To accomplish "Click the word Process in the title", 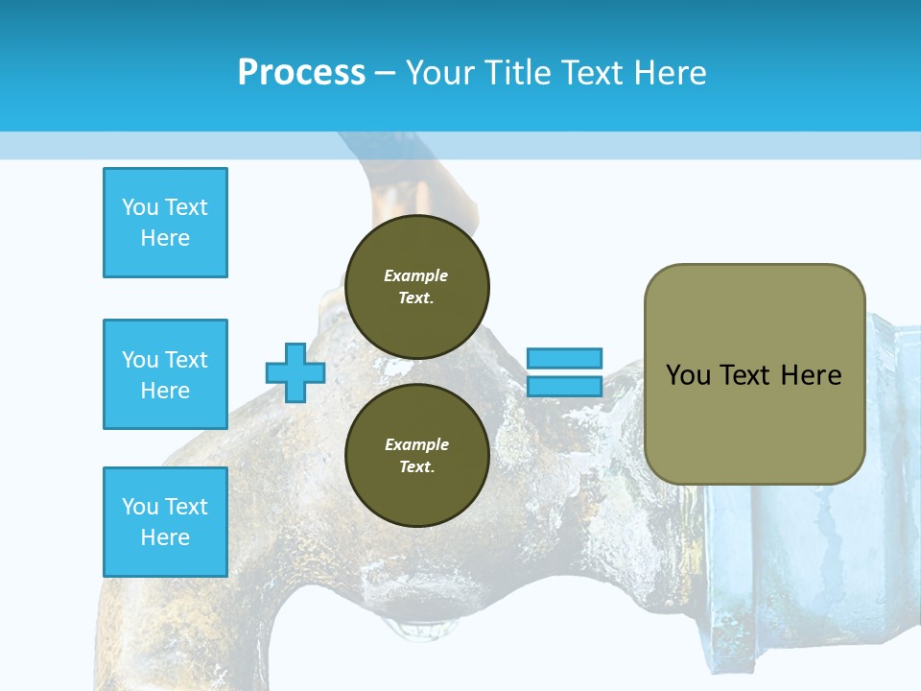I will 301,73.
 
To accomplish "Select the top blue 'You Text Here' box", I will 165,223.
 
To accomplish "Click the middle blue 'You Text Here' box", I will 165,374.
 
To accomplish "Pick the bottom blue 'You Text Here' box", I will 165,521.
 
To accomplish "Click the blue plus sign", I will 295,372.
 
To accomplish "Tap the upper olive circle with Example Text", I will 416,286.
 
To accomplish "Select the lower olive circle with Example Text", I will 416,455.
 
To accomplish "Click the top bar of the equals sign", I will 564,358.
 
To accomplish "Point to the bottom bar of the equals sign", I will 564,386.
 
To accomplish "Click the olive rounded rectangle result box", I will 754,374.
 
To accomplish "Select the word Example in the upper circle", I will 416,275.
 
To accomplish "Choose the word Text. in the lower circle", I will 416,467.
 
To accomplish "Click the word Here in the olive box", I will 811,375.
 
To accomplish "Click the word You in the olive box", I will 688,375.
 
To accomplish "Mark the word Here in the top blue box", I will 165,238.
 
